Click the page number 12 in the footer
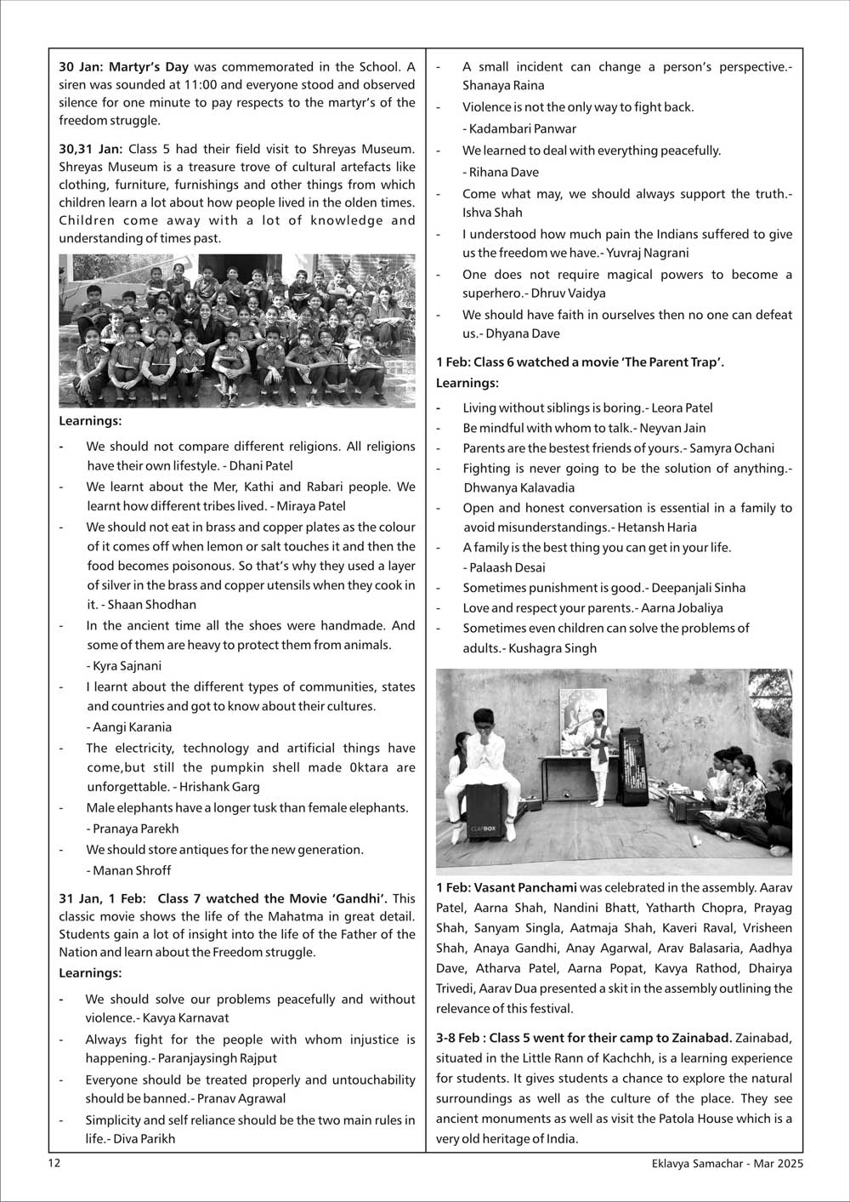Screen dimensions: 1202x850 tap(54, 1164)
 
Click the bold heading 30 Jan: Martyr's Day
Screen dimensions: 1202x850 tap(124, 66)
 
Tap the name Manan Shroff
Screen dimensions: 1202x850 tap(133, 870)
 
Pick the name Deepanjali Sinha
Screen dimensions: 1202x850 tap(699, 588)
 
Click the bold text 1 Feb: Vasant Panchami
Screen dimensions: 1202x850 tap(507, 887)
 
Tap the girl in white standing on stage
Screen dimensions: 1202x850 tap(600, 753)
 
